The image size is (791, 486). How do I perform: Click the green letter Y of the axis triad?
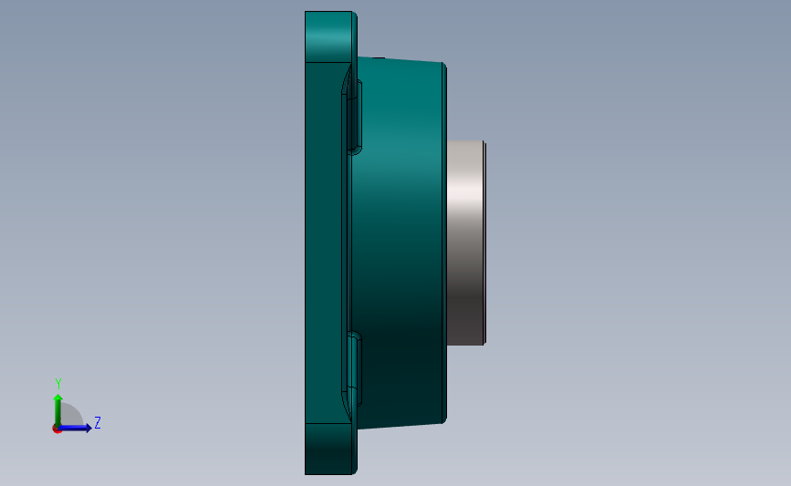pyautogui.click(x=58, y=384)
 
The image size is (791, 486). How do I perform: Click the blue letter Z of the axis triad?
pyautogui.click(x=97, y=423)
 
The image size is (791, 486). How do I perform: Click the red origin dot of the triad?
pyautogui.click(x=57, y=429)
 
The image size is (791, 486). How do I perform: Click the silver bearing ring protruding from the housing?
pyautogui.click(x=464, y=242)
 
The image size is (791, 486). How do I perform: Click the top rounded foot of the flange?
pyautogui.click(x=328, y=36)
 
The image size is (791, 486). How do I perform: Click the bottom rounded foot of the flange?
pyautogui.click(x=328, y=449)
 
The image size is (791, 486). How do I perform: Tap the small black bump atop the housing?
pyautogui.click(x=380, y=57)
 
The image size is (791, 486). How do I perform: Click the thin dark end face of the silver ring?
pyautogui.click(x=484, y=243)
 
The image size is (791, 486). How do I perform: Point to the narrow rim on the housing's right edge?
pyautogui.click(x=444, y=243)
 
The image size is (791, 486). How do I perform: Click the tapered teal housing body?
pyautogui.click(x=397, y=242)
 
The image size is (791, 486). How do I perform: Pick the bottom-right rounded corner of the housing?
pyautogui.click(x=442, y=419)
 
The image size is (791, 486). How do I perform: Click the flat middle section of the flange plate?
pyautogui.click(x=324, y=242)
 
